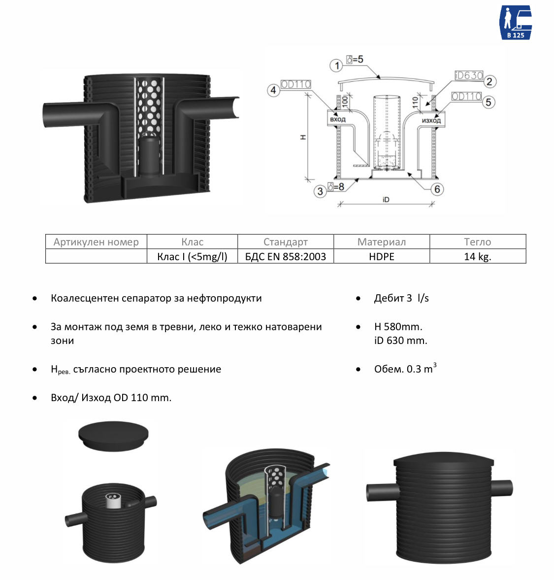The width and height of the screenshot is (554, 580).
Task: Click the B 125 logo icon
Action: (x=516, y=22)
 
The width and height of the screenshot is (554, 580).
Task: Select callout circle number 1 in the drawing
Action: (x=336, y=66)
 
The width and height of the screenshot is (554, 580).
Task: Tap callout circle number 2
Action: (x=489, y=81)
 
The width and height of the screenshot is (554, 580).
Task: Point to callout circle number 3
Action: (x=320, y=191)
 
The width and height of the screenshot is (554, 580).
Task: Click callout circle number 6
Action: (x=437, y=189)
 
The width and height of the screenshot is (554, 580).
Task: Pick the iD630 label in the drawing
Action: (x=468, y=75)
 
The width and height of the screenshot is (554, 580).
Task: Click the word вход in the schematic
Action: (x=338, y=119)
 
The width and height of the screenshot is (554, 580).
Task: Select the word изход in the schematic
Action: (x=431, y=120)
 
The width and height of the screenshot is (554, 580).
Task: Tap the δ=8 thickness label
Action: (x=336, y=187)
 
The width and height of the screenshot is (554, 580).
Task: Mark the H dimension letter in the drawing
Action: (x=303, y=137)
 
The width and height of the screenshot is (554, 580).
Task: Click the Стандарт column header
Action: (x=286, y=242)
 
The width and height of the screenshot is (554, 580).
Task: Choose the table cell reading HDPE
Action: (x=382, y=257)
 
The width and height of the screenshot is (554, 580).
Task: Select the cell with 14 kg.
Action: (x=477, y=257)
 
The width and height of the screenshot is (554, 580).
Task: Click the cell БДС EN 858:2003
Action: (x=286, y=257)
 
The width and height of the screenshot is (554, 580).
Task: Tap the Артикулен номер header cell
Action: (x=96, y=242)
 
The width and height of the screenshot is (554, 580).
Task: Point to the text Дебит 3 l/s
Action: (x=401, y=298)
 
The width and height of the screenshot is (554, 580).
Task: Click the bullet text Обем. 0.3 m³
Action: (x=405, y=369)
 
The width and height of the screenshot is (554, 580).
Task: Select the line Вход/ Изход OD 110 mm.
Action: (x=111, y=398)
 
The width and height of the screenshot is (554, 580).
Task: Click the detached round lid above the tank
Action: (x=113, y=436)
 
